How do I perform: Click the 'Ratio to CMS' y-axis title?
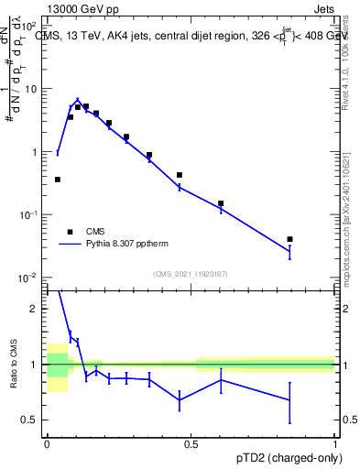point(14,365)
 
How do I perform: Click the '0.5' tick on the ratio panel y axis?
point(31,420)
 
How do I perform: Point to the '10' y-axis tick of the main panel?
point(30,89)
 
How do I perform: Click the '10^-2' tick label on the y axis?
point(28,277)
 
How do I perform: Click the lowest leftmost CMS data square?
point(58,180)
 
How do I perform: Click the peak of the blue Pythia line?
point(78,100)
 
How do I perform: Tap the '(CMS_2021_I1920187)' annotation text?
point(190,273)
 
